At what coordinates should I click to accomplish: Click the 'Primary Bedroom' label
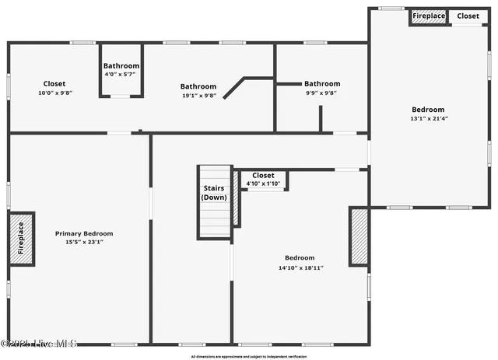(x=83, y=233)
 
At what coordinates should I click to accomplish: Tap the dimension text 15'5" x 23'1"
(x=83, y=242)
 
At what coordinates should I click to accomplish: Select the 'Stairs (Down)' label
(x=214, y=193)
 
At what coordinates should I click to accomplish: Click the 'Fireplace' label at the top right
(x=429, y=16)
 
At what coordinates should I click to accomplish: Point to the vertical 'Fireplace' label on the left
(x=21, y=238)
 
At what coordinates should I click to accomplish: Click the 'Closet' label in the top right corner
(x=468, y=16)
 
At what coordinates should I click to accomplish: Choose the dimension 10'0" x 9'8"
(x=54, y=93)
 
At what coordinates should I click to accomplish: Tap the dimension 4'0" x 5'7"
(x=121, y=75)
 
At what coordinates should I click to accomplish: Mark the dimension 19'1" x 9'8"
(x=198, y=96)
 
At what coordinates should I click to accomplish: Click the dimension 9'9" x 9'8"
(x=321, y=93)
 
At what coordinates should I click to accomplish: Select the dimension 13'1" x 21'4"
(x=429, y=119)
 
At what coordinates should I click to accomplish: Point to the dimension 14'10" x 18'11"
(x=300, y=267)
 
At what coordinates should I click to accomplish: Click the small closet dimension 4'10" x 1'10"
(x=263, y=183)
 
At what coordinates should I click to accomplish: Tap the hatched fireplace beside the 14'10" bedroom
(x=359, y=236)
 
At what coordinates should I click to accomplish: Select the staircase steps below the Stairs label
(x=214, y=222)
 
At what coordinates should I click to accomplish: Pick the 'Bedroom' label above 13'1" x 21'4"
(x=429, y=110)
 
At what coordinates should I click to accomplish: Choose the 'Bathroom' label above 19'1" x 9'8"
(x=198, y=86)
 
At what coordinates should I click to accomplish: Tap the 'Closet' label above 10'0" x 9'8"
(x=54, y=83)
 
